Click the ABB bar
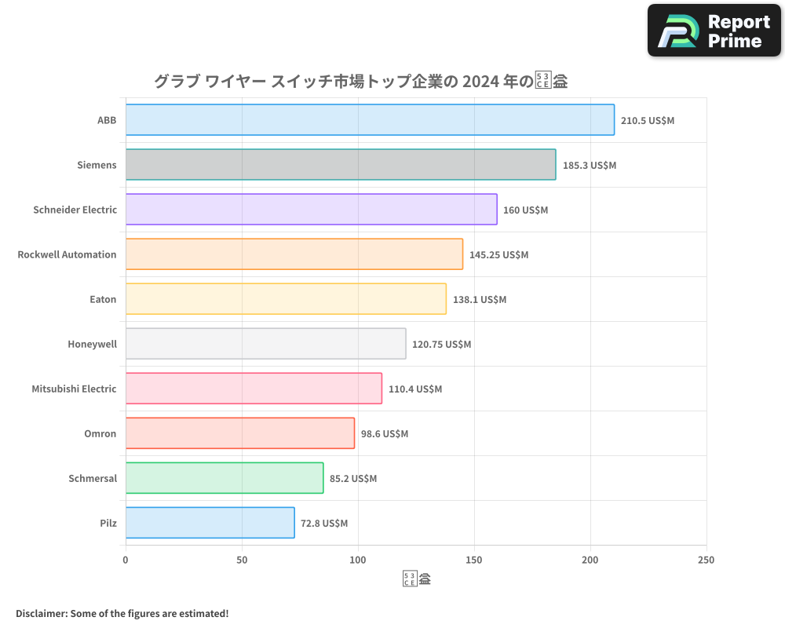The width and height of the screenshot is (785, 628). click(370, 120)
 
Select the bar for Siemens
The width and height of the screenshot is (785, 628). click(341, 165)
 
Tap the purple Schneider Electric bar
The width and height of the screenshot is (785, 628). click(311, 210)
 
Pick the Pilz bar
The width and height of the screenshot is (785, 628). click(210, 523)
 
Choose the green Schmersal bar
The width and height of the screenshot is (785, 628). click(225, 478)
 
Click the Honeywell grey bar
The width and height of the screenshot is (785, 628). click(265, 344)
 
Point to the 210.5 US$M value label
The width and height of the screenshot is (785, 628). click(648, 121)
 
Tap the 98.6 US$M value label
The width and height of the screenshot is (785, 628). click(385, 434)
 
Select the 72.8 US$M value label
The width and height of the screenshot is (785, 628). click(324, 524)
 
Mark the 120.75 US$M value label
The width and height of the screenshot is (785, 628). click(442, 345)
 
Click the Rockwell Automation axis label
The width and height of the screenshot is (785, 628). click(67, 254)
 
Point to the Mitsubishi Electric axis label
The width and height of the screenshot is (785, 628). click(74, 389)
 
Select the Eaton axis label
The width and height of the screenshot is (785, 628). click(103, 299)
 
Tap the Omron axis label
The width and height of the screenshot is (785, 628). click(100, 433)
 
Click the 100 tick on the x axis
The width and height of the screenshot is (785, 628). click(358, 560)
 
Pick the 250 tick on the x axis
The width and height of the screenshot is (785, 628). click(706, 560)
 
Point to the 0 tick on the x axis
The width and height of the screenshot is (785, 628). click(126, 560)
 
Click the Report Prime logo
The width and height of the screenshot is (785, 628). click(714, 31)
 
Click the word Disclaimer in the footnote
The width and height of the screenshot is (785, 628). click(40, 614)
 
